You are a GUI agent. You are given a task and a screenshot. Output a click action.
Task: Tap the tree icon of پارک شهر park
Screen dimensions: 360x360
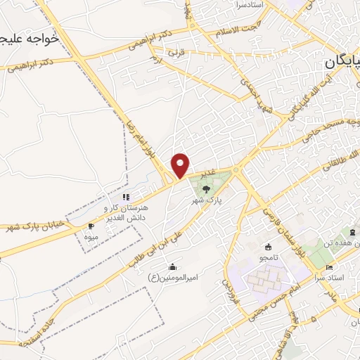pyautogui.click(x=205, y=188)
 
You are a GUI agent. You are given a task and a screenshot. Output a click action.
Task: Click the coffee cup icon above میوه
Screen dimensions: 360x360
pyautogui.click(x=90, y=226)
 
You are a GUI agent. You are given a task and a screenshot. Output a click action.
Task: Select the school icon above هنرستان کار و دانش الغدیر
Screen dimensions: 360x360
pyautogui.click(x=126, y=198)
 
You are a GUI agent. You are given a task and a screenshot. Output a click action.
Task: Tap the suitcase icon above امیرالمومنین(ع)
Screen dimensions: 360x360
pyautogui.click(x=172, y=266)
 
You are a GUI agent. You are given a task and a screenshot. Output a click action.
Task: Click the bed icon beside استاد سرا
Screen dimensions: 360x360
pyautogui.click(x=329, y=268)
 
